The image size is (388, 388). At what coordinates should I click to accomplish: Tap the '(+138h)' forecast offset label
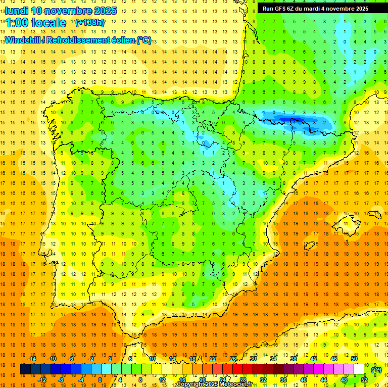(89, 22)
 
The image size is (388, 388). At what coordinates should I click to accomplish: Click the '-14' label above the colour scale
(32, 359)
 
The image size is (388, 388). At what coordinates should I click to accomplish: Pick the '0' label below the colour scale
(100, 380)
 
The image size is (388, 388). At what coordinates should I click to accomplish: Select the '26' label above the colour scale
(233, 359)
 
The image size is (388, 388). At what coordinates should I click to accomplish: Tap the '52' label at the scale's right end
(364, 380)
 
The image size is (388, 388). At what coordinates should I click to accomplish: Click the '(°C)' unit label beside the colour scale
(376, 370)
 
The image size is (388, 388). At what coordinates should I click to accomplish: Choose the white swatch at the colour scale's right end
(359, 369)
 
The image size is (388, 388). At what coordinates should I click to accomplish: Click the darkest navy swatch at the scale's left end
(25, 369)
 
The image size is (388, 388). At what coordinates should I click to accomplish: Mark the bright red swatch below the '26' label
(237, 369)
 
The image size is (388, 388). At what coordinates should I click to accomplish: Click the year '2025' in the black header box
(359, 9)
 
